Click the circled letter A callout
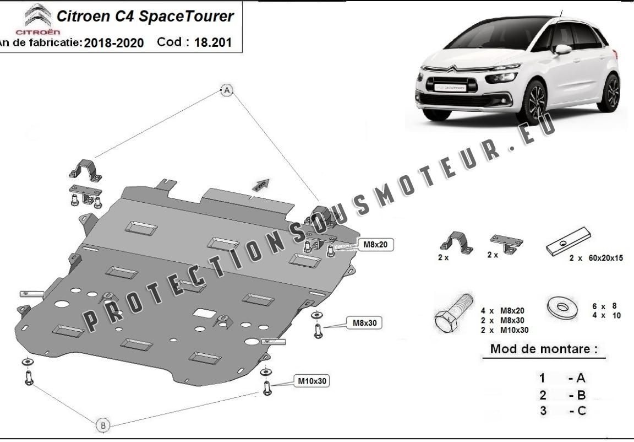pos(227,90)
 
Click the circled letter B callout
pos(103,425)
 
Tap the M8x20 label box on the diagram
pos(376,245)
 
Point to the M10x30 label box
pos(313,380)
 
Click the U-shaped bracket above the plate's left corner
pos(85,168)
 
